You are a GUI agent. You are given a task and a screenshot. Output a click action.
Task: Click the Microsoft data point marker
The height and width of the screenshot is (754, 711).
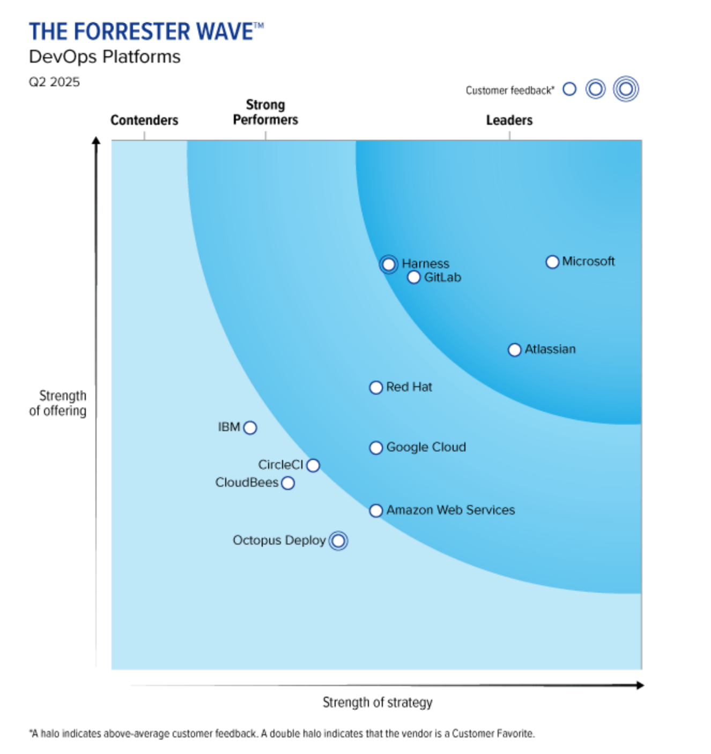(x=552, y=262)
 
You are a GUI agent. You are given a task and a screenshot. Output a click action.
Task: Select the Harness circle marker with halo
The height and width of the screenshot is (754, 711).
(x=389, y=264)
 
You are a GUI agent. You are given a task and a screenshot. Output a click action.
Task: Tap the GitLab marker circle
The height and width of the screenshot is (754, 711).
(x=413, y=277)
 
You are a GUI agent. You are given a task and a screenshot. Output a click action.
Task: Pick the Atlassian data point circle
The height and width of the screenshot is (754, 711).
(x=514, y=350)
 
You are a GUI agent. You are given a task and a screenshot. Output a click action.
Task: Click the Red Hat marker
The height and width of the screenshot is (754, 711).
(x=376, y=387)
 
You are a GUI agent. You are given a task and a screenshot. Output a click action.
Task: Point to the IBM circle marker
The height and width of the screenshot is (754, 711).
(x=250, y=427)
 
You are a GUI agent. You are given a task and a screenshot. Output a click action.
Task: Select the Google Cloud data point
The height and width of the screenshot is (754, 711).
(x=376, y=448)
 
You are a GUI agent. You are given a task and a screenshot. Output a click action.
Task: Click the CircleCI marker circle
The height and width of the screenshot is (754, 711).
(x=313, y=465)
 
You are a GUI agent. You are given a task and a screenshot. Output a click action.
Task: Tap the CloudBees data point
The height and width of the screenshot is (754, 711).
(x=288, y=483)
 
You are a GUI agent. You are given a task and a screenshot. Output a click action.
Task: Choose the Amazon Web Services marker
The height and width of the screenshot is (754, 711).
(x=376, y=510)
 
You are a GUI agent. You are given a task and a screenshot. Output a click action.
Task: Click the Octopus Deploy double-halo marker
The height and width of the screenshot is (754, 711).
(x=338, y=541)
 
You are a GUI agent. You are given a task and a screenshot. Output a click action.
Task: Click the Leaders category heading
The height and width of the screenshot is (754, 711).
(x=509, y=120)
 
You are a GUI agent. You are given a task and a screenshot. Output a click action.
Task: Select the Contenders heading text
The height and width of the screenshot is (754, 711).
(x=144, y=120)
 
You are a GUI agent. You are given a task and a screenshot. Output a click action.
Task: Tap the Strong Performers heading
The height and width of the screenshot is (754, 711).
(x=265, y=112)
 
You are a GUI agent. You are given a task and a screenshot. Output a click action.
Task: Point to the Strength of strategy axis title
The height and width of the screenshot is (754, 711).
(x=377, y=702)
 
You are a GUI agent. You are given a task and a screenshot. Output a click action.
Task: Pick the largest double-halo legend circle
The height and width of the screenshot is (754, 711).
(x=626, y=89)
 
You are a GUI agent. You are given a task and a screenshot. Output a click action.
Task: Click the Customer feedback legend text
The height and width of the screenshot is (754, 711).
(x=509, y=91)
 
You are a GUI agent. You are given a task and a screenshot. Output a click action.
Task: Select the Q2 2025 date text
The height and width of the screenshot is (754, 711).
(x=54, y=82)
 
